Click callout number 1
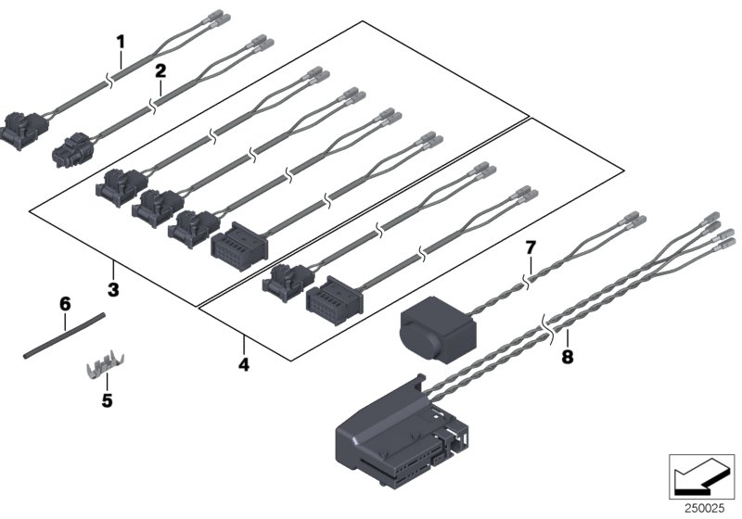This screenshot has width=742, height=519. [119, 41]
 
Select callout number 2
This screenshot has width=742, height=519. [160, 70]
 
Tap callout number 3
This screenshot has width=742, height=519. [113, 290]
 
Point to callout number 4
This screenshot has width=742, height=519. [244, 364]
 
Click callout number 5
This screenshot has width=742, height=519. [107, 401]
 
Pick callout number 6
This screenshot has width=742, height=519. [65, 303]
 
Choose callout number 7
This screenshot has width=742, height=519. [531, 247]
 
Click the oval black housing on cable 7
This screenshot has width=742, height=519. [433, 325]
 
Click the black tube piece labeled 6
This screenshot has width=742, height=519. [63, 335]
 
